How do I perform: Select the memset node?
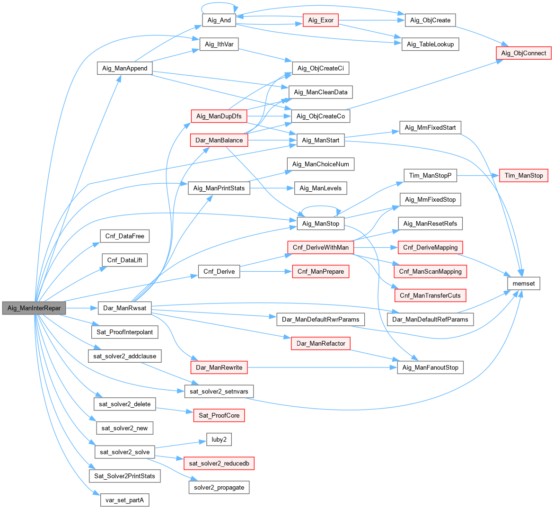coord(523,283)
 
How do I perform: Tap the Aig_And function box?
coord(219,20)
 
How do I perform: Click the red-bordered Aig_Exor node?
coord(320,20)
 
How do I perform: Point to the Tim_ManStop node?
coord(524,176)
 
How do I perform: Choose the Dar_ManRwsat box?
coord(124,308)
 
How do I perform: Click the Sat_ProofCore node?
coord(219,415)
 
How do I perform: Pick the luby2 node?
coord(219,439)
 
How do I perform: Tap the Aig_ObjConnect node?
coord(523,53)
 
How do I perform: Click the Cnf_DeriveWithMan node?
coord(320,247)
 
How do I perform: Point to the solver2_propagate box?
coord(219,488)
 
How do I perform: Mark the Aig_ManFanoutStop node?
coord(430,367)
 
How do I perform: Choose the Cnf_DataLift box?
coord(125,260)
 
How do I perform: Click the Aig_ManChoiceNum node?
coord(320,164)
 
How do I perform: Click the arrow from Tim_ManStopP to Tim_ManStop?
coord(478,176)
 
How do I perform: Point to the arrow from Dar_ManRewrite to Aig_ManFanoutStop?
coord(322,367)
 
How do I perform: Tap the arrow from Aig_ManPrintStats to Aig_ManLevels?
coord(272,188)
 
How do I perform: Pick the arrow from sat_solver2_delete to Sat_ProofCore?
coord(175,410)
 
